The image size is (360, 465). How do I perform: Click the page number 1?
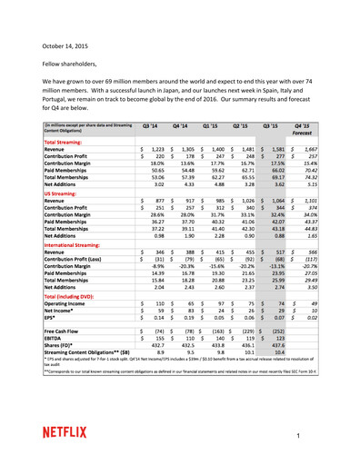322,439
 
